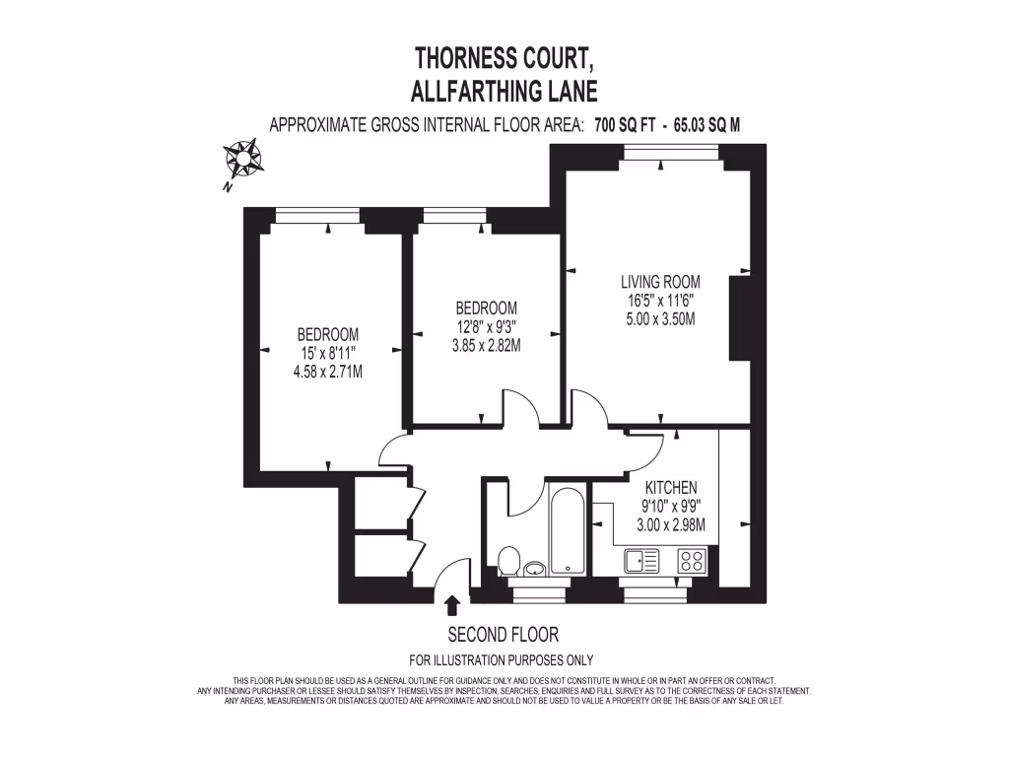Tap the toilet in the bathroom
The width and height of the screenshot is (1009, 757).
tap(510, 562)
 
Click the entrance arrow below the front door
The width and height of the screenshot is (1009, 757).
tap(452, 604)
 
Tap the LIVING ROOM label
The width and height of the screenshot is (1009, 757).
tap(660, 283)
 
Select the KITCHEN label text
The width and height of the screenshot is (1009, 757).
tap(671, 488)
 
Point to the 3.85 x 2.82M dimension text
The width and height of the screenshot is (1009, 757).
tap(480, 345)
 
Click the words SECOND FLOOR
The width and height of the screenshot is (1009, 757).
tap(504, 635)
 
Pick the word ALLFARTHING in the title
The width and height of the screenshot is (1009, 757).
tap(475, 93)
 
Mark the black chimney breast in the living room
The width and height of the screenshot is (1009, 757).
tap(739, 318)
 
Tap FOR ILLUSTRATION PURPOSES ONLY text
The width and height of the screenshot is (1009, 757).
tap(502, 660)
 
